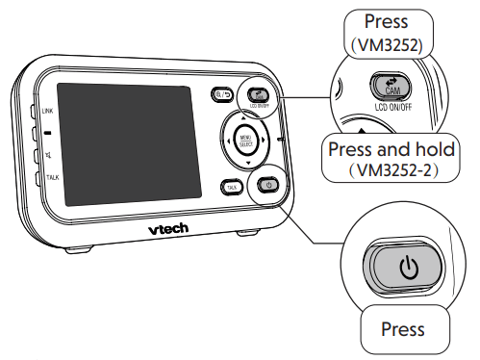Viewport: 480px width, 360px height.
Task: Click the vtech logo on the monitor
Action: point(174,229)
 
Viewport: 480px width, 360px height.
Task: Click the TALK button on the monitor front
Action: point(232,187)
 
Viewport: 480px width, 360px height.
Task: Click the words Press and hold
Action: point(393,151)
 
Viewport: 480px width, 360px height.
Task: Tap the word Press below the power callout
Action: point(402,329)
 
